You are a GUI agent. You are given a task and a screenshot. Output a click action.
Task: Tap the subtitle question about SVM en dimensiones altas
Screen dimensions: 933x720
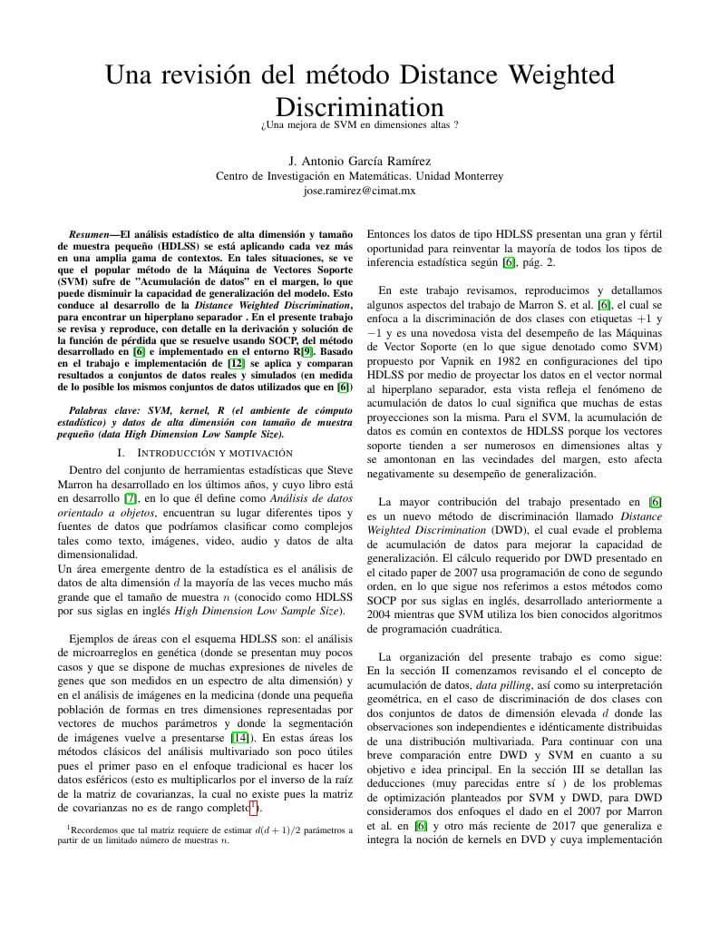(x=359, y=123)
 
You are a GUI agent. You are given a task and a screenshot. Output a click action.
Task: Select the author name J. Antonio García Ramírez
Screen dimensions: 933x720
(x=359, y=161)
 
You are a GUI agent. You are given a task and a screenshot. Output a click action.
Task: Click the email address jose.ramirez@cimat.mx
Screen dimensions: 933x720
(x=359, y=191)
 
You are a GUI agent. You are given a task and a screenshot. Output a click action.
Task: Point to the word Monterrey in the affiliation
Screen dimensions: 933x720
(x=474, y=176)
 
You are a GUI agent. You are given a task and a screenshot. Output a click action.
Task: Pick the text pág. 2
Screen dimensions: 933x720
(x=540, y=262)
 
